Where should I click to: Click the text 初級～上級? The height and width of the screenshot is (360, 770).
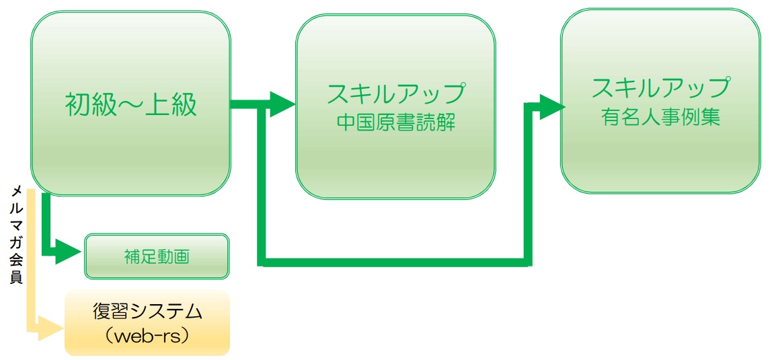pos(131,105)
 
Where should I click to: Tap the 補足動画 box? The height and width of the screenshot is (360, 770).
pos(157,256)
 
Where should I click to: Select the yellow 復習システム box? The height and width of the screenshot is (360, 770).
pos(147,323)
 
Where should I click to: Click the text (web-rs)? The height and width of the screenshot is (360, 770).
pos(147,336)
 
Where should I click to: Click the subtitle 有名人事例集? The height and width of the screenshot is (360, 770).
pos(660,117)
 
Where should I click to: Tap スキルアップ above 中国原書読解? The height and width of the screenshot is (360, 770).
pos(396,94)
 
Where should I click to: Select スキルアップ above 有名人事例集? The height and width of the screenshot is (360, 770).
pos(660,88)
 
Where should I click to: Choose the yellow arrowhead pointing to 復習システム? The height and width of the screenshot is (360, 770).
pos(52,329)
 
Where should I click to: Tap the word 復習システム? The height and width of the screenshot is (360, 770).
pos(147,312)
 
